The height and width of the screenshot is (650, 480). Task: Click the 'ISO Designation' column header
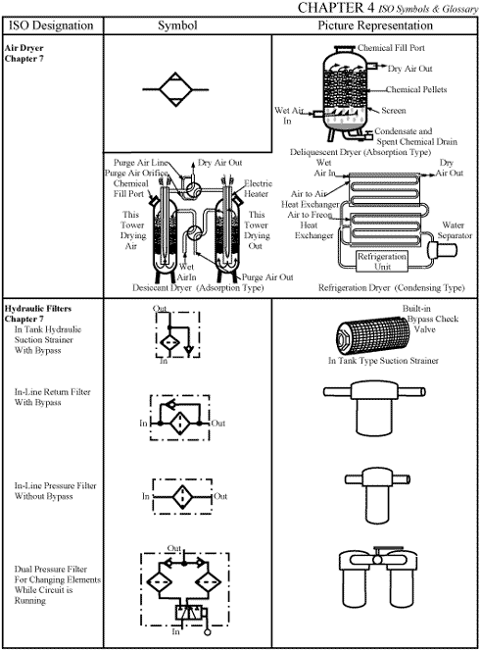click(50, 25)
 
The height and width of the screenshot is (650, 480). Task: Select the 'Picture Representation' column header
click(375, 25)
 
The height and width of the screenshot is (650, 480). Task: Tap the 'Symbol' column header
click(185, 25)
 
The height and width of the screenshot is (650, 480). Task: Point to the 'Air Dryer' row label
click(28, 46)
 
